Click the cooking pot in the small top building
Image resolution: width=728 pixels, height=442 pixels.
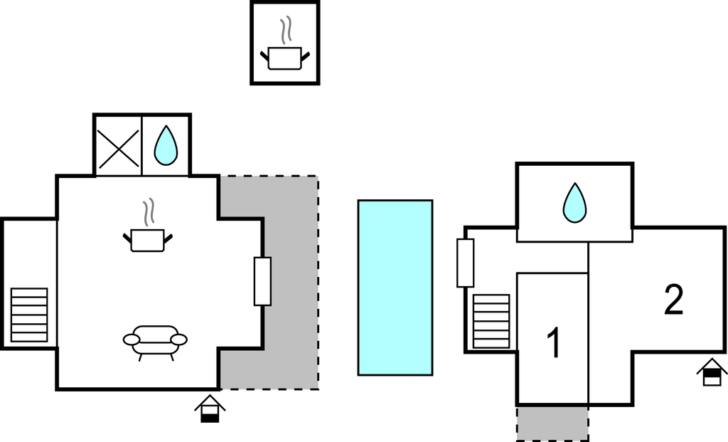click(285, 58)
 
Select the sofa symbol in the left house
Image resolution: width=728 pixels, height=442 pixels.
click(156, 340)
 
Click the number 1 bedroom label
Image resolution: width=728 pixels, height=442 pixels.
click(553, 343)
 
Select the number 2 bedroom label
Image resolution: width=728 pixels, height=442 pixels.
click(673, 300)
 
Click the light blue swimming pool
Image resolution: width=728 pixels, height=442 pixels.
click(395, 288)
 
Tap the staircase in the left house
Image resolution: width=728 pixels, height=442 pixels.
click(30, 315)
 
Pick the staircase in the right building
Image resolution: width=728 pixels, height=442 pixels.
click(491, 321)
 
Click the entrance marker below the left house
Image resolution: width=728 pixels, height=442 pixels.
click(210, 409)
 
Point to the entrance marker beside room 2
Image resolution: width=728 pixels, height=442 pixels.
click(712, 372)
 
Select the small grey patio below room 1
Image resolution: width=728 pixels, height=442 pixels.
click(552, 423)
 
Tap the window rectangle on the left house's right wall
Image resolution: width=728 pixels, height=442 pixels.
click(262, 280)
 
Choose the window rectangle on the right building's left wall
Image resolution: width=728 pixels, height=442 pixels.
click(466, 263)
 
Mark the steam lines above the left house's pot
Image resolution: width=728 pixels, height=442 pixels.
click(149, 212)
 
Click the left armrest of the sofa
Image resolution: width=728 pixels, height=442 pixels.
click(132, 340)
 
